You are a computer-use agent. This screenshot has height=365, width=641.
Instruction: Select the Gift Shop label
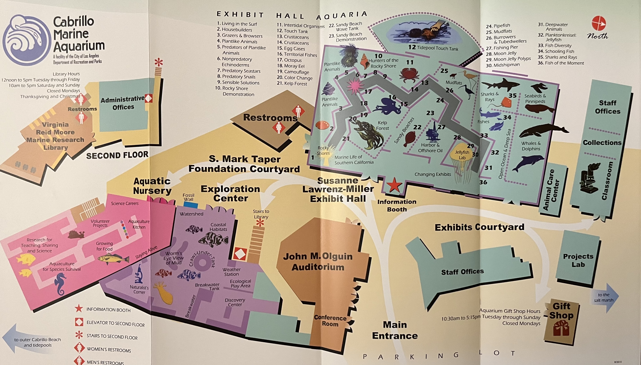561,311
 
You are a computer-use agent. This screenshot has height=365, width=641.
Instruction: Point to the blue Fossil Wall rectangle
190,205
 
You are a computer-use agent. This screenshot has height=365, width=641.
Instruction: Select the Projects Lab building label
578,260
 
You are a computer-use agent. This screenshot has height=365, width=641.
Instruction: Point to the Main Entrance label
395,330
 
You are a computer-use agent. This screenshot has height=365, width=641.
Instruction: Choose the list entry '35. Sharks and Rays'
557,57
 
